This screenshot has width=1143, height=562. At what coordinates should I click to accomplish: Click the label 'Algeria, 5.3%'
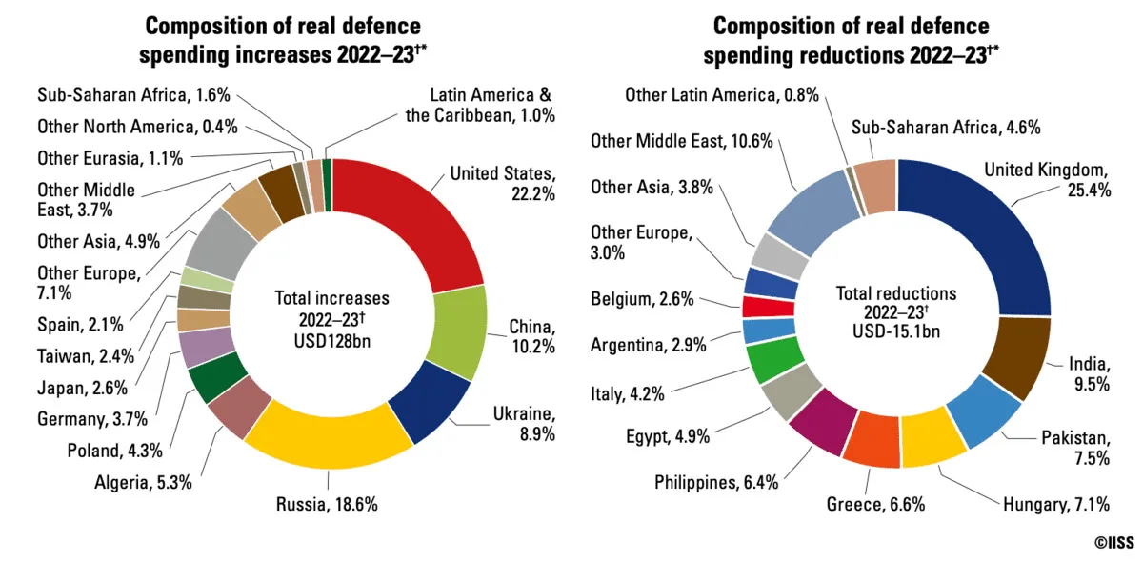(x=142, y=482)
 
